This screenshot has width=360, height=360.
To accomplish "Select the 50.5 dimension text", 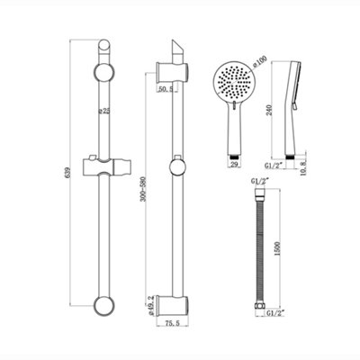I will [163, 89].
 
